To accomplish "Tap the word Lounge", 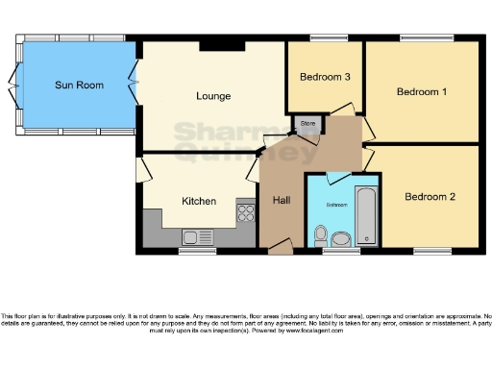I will click(x=211, y=95).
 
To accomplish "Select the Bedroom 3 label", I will click(x=324, y=77).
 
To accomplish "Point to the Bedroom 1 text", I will click(x=422, y=92).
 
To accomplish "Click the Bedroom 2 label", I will click(x=429, y=197).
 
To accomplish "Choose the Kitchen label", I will click(x=199, y=201).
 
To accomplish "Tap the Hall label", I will click(x=282, y=200).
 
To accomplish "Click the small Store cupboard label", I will click(x=307, y=124).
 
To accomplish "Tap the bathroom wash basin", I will click(x=321, y=233).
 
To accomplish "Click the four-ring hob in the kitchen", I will click(x=245, y=209).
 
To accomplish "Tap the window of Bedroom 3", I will click(x=324, y=39).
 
